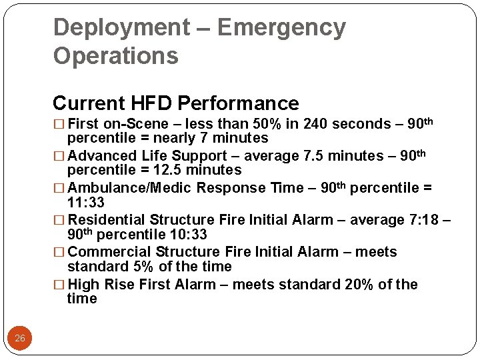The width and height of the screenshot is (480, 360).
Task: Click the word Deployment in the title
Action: click(121, 28)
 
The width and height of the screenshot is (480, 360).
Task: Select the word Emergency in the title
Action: click(281, 28)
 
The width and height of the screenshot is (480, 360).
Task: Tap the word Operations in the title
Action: click(116, 56)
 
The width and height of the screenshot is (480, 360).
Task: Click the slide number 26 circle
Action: click(20, 339)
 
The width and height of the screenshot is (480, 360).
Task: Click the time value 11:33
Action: click(86, 203)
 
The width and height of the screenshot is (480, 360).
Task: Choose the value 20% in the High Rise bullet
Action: click(359, 285)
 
